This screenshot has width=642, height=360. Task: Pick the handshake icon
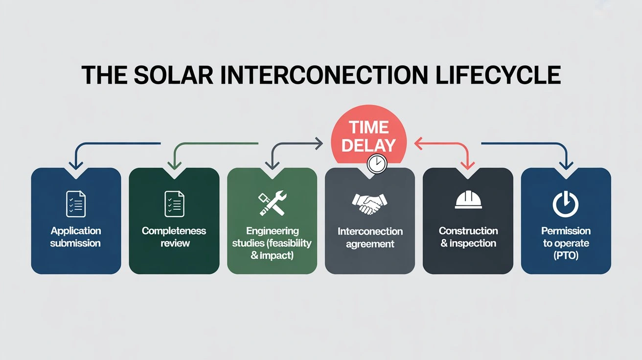(369, 204)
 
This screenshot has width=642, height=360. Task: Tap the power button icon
(566, 204)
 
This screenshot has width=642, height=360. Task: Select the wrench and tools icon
(272, 204)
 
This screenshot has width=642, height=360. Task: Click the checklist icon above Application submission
(76, 204)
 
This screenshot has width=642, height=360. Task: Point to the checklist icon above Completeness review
(174, 204)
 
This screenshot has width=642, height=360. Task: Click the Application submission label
(76, 237)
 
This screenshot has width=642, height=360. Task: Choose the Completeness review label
(174, 237)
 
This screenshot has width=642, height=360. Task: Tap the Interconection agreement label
(370, 237)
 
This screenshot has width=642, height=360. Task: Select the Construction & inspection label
(468, 237)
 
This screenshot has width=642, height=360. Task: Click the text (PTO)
(566, 255)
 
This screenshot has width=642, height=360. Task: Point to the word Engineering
(272, 231)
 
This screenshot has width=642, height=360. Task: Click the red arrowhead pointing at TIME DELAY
(417, 143)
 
